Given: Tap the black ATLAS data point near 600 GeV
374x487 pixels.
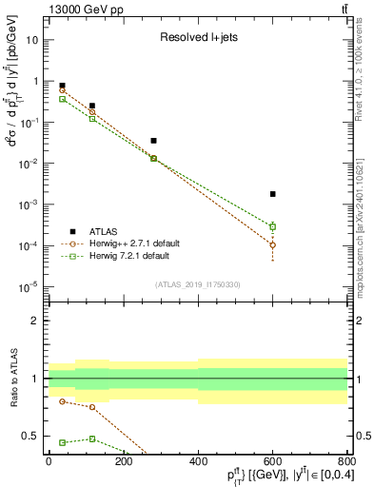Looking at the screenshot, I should [272, 194].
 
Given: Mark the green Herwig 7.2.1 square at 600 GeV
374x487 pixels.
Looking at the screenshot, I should [272, 226].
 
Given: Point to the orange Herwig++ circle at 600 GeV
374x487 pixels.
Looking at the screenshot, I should [272, 244].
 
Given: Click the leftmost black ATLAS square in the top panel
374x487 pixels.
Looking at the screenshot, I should [62, 86].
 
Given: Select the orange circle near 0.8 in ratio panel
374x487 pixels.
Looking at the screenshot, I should [62, 401].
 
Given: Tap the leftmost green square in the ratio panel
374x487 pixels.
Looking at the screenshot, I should [62, 442].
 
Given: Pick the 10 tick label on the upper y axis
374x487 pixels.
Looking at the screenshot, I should [31, 40].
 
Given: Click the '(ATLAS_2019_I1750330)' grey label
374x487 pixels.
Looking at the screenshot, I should [197, 284].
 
